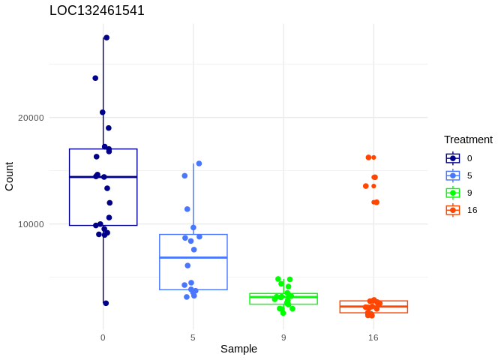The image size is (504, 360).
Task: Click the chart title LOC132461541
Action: (x=97, y=10)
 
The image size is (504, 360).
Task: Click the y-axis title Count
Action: (x=9, y=176)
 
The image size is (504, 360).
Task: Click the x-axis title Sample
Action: (x=238, y=349)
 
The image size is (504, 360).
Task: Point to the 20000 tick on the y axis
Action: (x=31, y=118)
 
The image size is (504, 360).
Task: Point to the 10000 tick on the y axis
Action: (x=31, y=224)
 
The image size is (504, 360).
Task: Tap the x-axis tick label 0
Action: (x=103, y=337)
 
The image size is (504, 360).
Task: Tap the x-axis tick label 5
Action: (x=193, y=337)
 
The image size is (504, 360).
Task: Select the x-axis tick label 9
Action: (x=283, y=337)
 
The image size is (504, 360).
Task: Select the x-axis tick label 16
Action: (x=373, y=337)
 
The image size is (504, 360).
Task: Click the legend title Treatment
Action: (x=468, y=139)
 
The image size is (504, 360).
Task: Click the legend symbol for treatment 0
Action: (x=453, y=158)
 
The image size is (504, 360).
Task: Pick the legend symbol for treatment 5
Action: (x=453, y=175)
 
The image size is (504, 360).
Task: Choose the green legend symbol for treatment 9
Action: (x=453, y=193)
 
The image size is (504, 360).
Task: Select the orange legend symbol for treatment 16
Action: (x=453, y=210)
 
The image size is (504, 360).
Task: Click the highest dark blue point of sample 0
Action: (x=106, y=37)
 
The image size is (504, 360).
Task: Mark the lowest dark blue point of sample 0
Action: (x=106, y=303)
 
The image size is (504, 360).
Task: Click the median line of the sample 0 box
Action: (x=103, y=177)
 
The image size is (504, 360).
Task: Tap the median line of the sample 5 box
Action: (x=193, y=257)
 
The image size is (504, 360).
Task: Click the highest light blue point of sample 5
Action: (x=199, y=163)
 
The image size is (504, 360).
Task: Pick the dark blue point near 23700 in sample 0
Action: (x=95, y=78)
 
